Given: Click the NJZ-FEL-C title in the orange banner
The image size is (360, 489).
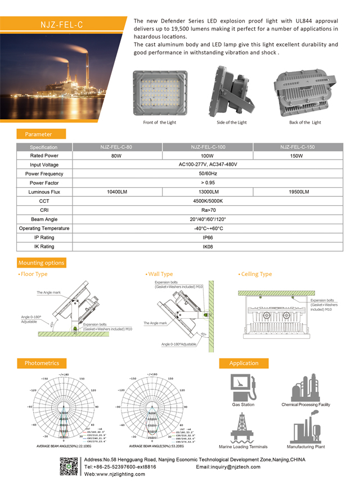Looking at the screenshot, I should (x=61, y=25).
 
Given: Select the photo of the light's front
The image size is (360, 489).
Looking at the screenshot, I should (x=160, y=93).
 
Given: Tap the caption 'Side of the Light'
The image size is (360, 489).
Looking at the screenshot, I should (x=231, y=123).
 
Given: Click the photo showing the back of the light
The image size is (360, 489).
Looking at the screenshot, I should (x=304, y=92).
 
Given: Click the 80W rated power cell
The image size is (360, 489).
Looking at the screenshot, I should (x=116, y=156).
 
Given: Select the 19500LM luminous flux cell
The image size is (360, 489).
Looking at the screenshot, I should (x=298, y=192).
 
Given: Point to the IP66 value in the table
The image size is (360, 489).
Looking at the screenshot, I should (x=208, y=238).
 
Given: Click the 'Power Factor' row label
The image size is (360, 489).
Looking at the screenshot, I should (x=44, y=183).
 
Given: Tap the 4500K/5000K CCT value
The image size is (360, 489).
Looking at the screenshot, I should (x=208, y=201).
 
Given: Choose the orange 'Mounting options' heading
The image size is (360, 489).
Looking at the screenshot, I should (x=42, y=263).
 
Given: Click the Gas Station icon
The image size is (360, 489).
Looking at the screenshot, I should (x=243, y=388).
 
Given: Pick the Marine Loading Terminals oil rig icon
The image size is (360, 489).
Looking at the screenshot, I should (x=242, y=428).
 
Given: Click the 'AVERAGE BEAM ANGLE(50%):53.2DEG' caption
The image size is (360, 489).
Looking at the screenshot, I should (x=153, y=447).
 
